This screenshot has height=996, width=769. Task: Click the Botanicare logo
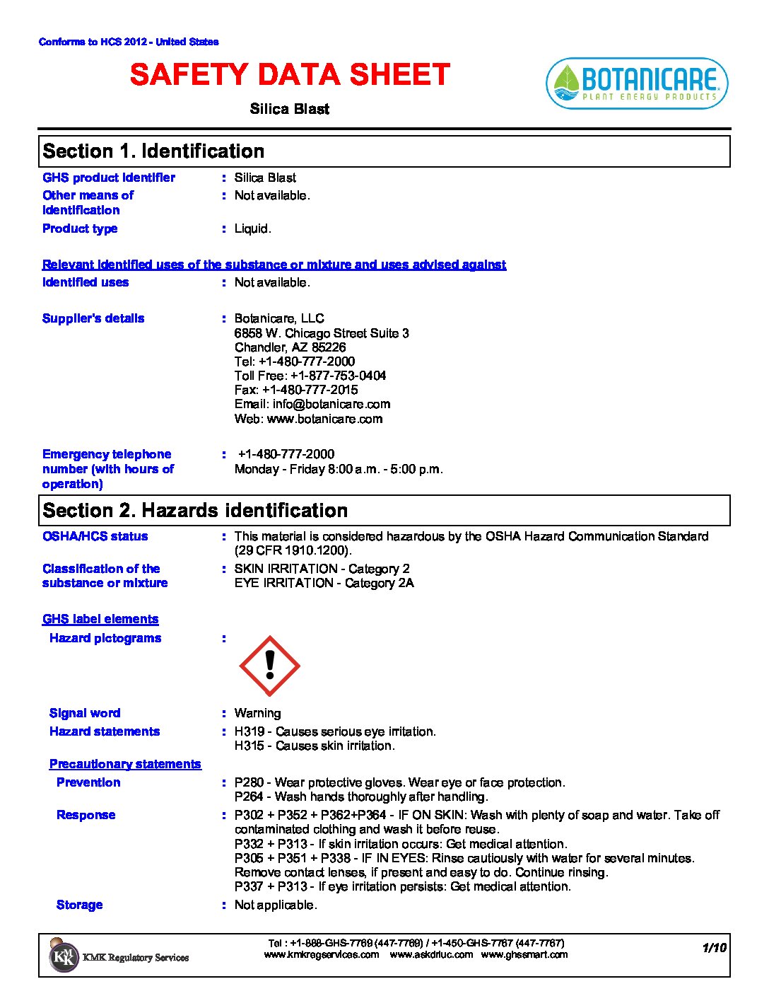point(637,83)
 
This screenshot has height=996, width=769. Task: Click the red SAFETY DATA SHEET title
point(290,75)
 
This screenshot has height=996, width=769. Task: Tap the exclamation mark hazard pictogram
point(269,666)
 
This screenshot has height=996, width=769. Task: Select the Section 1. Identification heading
point(153,151)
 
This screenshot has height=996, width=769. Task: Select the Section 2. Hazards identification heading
point(195,511)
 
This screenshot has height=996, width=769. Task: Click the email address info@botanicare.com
point(331,404)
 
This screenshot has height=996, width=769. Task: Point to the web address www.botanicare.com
point(324,419)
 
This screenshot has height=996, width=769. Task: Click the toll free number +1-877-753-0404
point(338,376)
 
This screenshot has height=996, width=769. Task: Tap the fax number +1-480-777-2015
point(310,390)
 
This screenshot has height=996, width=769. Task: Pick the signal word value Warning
point(257,713)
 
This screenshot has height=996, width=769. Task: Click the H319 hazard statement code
point(249,731)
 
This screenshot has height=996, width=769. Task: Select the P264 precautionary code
point(249,797)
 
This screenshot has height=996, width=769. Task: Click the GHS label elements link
point(100,619)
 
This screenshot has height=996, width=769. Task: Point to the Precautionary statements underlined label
point(125,764)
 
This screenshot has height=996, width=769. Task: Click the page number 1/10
point(714,948)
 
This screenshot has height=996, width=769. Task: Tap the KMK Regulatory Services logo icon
point(64,956)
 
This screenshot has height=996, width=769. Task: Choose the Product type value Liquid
point(252,228)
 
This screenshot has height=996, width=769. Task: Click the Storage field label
point(79,905)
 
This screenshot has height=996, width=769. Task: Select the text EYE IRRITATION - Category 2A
point(324,583)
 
